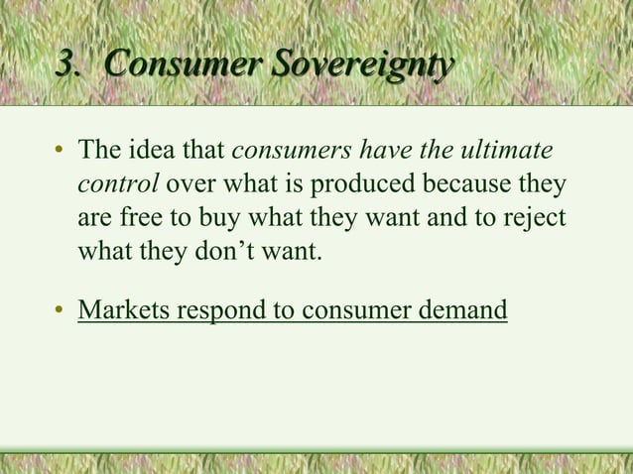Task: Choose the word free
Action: (x=143, y=218)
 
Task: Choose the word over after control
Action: (x=188, y=185)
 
